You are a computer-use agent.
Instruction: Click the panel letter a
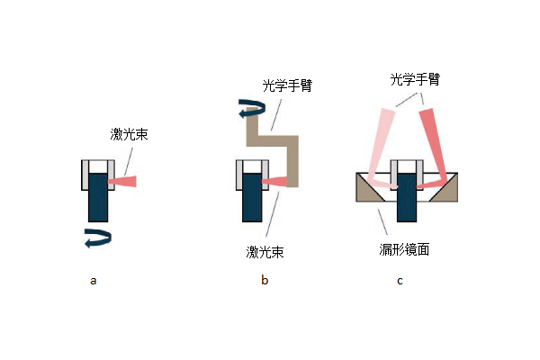click(x=93, y=281)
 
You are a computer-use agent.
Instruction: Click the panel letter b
click(x=265, y=281)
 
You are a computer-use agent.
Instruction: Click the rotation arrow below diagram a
click(x=96, y=238)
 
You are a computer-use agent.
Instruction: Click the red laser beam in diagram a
click(x=123, y=182)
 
